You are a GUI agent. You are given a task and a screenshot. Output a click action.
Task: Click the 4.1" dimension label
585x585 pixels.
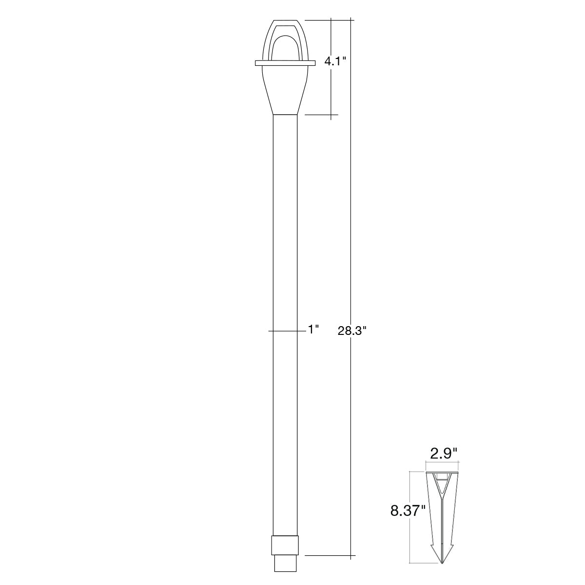click(335, 61)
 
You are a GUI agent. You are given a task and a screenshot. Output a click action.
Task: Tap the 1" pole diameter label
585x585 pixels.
click(313, 330)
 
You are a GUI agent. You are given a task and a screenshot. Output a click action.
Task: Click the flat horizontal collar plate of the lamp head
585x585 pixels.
click(285, 63)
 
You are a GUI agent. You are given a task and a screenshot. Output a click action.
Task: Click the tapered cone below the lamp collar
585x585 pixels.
click(285, 90)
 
